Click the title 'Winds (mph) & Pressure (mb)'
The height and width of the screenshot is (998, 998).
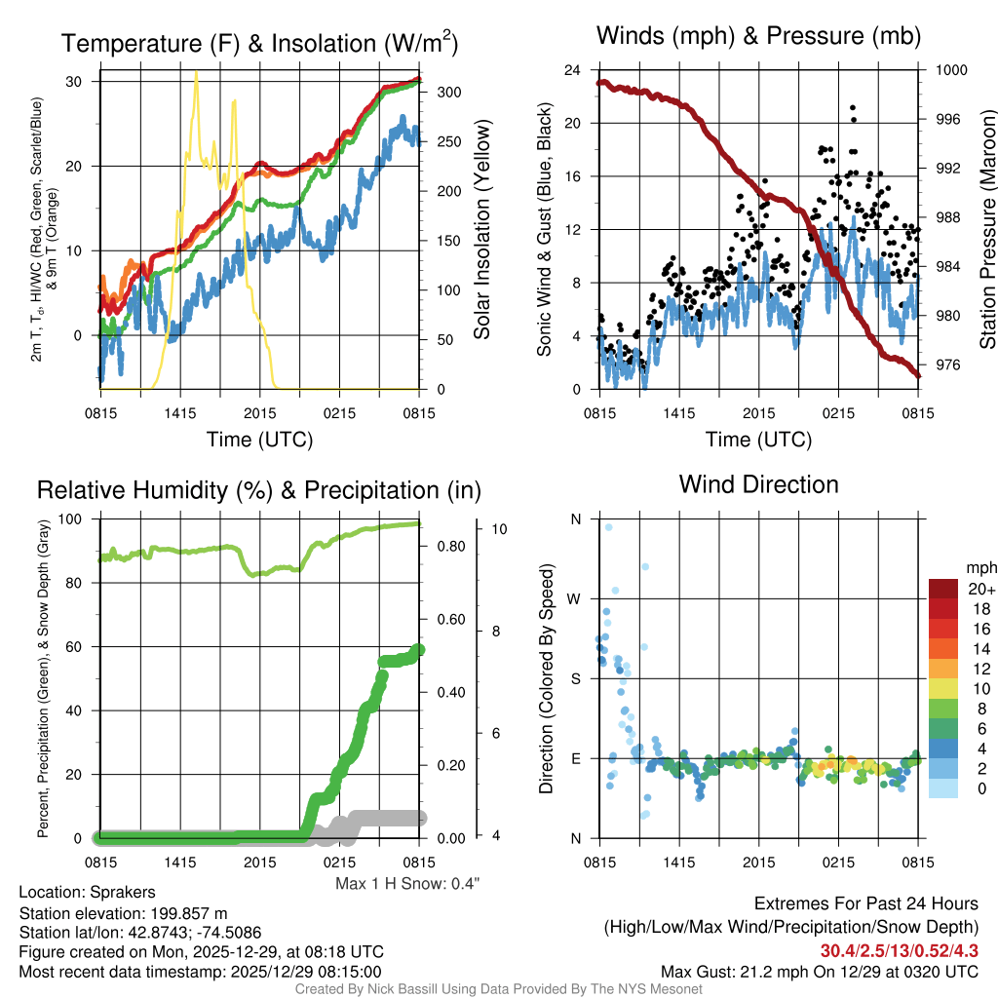pos(758,37)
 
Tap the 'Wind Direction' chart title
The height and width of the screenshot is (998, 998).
pos(758,484)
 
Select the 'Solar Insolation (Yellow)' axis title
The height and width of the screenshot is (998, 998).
pos(481,229)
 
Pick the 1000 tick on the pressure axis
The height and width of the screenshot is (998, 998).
pos(949,70)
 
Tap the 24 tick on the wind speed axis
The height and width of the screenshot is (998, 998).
pos(574,70)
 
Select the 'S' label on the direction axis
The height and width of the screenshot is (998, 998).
pos(575,678)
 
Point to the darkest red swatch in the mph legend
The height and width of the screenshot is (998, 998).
pos(945,590)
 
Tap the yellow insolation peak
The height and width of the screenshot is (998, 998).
pos(196,73)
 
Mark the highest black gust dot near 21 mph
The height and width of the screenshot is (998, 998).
pos(853,108)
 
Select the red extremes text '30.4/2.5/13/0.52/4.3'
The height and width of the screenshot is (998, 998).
pos(899,951)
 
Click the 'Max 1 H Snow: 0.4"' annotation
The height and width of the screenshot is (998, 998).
pos(407,884)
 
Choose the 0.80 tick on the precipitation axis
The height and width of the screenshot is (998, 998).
pos(448,546)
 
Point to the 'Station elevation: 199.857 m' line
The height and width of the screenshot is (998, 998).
pos(123,913)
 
